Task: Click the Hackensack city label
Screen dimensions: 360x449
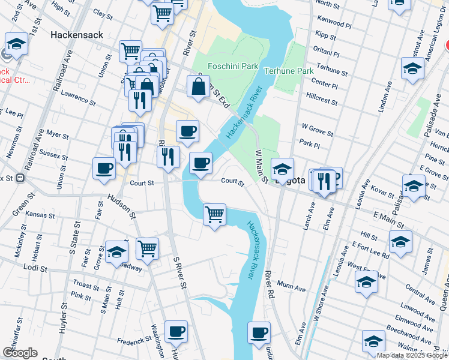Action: pos(77,35)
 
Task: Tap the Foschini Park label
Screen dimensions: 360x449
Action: pos(232,65)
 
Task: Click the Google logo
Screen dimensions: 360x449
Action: pos(20,353)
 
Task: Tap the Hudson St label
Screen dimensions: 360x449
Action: pos(122,206)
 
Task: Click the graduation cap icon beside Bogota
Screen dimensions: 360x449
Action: pos(282,169)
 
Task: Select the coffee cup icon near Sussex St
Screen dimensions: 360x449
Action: pos(104,167)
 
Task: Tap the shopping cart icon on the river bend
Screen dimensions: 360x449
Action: pos(214,214)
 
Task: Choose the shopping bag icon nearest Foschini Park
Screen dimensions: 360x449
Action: pos(198,86)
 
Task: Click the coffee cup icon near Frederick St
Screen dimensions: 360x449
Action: pos(176,331)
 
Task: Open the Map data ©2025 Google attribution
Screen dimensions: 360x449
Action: pos(412,355)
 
